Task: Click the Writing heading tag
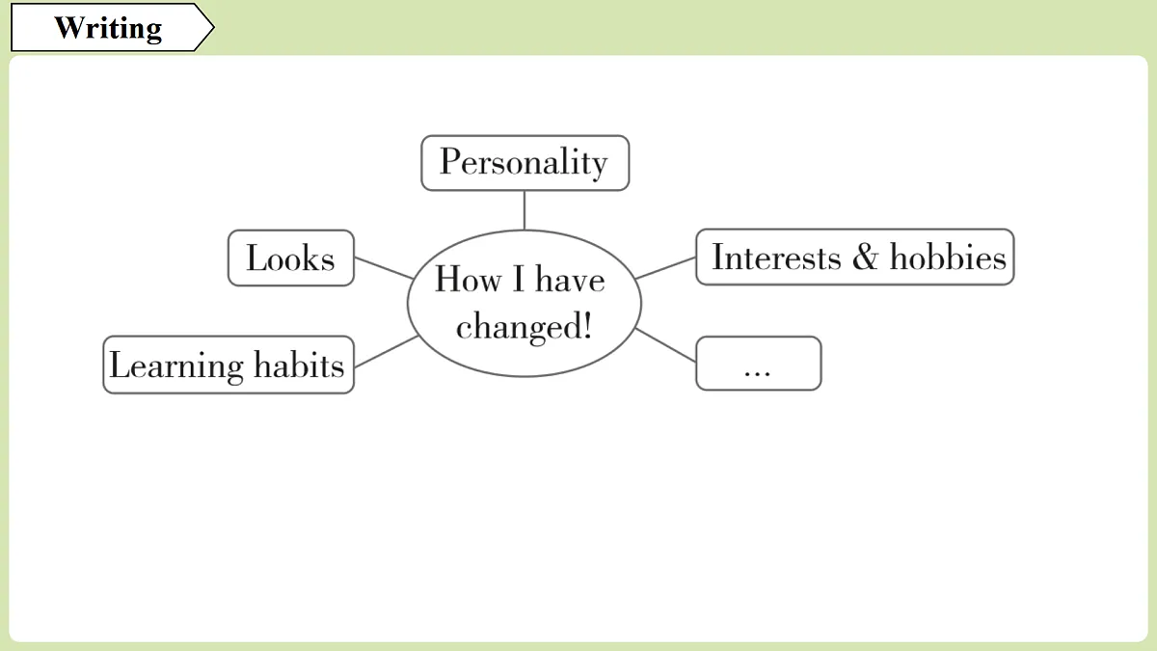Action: click(112, 27)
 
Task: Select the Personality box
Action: click(525, 163)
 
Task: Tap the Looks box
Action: click(291, 258)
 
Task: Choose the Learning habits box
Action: click(229, 365)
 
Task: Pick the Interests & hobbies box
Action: click(855, 257)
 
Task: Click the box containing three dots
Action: click(758, 364)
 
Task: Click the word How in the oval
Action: click(468, 279)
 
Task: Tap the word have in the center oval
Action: click(570, 279)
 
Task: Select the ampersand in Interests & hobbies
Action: click(865, 257)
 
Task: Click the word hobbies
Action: click(948, 257)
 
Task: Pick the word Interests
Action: click(776, 257)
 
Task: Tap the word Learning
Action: click(176, 366)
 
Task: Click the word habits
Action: click(299, 365)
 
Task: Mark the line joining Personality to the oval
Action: click(525, 210)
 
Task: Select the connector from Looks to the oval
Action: click(384, 268)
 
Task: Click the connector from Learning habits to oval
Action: click(387, 351)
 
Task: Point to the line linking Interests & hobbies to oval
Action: click(665, 268)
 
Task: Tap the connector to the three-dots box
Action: click(665, 344)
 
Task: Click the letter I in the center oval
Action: click(518, 279)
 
